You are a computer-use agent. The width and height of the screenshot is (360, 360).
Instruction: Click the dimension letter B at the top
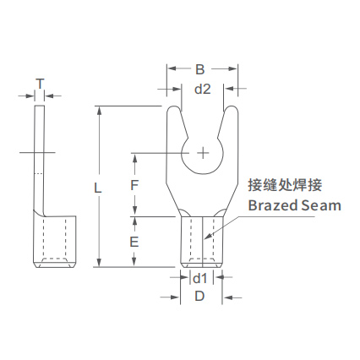(x=199, y=69)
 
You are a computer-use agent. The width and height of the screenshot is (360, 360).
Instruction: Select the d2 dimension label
(x=203, y=89)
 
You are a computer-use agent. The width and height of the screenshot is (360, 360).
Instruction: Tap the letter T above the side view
(x=40, y=84)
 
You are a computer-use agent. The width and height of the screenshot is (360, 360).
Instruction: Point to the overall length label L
(x=97, y=188)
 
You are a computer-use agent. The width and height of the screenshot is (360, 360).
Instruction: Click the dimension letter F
(x=134, y=186)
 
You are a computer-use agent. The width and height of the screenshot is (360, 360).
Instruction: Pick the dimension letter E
(x=134, y=242)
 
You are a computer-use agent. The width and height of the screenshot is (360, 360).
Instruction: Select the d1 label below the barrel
(x=199, y=279)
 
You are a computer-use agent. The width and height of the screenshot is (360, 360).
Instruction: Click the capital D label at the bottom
(x=199, y=297)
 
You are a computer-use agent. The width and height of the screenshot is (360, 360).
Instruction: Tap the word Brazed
(x=273, y=205)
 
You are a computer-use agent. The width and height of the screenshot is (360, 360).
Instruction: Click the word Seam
(x=321, y=205)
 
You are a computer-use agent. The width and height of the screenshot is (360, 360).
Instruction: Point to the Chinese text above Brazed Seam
(x=285, y=186)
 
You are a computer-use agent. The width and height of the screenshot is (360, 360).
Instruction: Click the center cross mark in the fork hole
(x=203, y=153)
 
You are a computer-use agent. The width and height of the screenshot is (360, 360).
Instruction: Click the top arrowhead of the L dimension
(x=99, y=110)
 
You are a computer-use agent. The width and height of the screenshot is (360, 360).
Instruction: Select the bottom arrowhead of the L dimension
(x=99, y=262)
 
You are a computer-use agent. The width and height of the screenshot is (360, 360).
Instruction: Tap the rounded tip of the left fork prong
(x=174, y=108)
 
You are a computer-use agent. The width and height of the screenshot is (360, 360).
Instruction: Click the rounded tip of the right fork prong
(x=232, y=108)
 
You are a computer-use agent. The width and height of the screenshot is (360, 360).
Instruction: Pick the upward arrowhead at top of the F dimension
(x=135, y=158)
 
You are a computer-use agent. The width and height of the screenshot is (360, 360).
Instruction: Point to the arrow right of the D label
(x=232, y=297)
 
